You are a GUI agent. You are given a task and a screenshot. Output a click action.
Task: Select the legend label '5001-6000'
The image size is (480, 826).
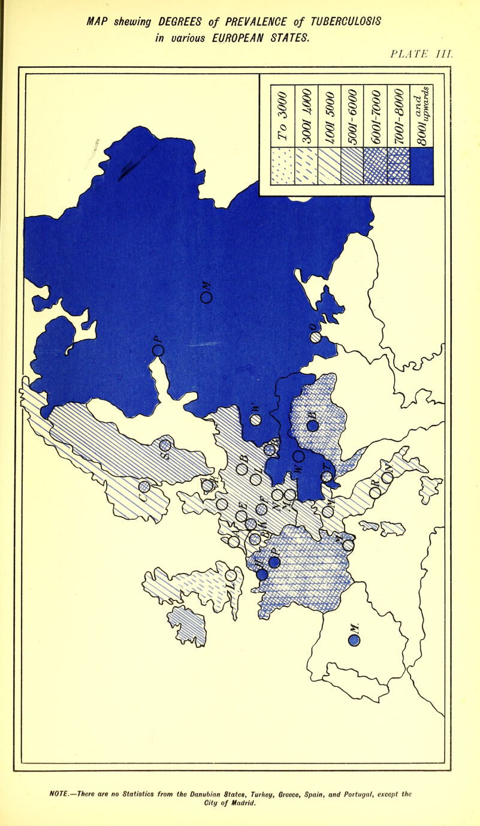tap(352, 117)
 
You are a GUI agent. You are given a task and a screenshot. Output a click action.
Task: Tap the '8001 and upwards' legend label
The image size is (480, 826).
tap(421, 117)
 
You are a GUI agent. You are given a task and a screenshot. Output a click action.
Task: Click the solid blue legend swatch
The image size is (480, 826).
tap(421, 166)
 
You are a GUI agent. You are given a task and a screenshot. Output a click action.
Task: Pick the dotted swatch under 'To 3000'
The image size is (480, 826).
tap(282, 166)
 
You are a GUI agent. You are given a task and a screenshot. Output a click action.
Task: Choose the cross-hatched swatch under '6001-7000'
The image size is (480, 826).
tap(376, 166)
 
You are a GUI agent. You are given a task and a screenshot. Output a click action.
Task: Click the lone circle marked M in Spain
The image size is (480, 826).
tap(354, 641)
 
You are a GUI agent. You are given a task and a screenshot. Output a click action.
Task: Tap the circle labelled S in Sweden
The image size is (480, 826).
tap(165, 445)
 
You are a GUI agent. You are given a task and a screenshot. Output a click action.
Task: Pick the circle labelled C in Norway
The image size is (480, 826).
tap(144, 486)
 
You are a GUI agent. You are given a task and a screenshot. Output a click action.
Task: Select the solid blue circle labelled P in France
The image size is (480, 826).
tap(274, 562)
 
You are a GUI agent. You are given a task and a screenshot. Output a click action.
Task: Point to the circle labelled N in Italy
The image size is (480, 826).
tap(388, 478)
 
